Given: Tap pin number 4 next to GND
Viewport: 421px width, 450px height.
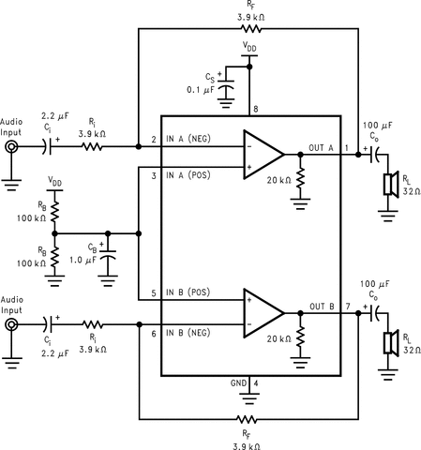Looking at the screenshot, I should click(x=256, y=383).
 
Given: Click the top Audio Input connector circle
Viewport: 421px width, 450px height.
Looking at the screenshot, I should click(x=10, y=147).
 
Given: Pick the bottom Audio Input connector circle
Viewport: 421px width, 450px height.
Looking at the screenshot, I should click(x=10, y=324).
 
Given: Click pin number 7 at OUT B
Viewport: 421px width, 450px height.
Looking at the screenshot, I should click(x=348, y=306).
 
